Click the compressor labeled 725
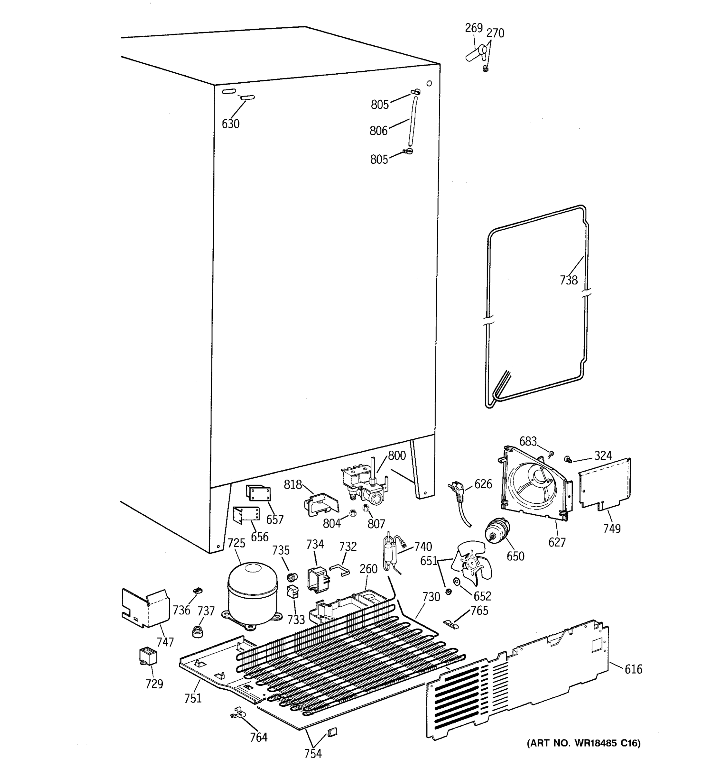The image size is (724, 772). pos(253,594)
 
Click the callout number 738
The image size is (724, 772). pos(569,280)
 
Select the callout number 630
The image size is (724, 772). pos(230,124)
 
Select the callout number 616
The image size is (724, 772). pos(633,669)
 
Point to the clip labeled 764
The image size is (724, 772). pos(238,713)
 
